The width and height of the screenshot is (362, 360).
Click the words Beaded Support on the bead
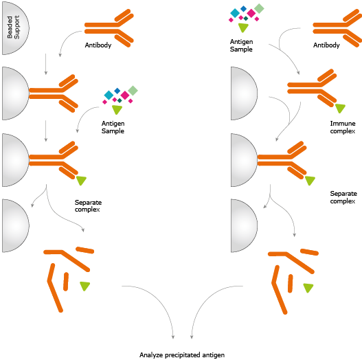(x=13, y=27)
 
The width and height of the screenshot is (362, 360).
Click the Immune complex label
(x=343, y=127)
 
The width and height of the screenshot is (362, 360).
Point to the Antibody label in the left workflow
(x=98, y=45)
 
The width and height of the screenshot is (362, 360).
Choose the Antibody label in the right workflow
(x=326, y=45)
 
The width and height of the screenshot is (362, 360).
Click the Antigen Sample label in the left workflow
(x=113, y=127)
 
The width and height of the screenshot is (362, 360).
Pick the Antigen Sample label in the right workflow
(x=241, y=45)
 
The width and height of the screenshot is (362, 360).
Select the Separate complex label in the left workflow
(x=88, y=205)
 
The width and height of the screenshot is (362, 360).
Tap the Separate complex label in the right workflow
(x=343, y=197)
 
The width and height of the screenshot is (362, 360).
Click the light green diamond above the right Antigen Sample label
(x=259, y=8)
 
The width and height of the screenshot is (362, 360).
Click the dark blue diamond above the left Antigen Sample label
(x=117, y=91)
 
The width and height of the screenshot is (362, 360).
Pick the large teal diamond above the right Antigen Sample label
(x=235, y=13)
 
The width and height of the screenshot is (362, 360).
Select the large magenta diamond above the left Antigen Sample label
(x=125, y=95)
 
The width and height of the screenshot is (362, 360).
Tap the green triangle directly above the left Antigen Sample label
(x=117, y=109)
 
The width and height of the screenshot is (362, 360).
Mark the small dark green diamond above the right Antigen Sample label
(x=246, y=19)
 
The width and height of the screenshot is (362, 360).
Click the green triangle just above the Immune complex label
(x=340, y=108)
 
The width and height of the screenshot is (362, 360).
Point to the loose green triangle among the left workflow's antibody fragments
(x=84, y=286)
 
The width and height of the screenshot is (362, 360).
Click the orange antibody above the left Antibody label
(x=109, y=28)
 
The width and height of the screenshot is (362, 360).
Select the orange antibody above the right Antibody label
(x=337, y=28)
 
